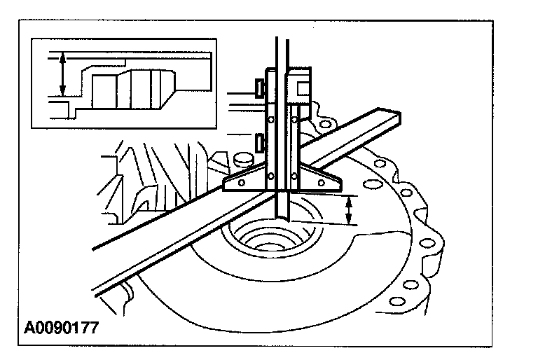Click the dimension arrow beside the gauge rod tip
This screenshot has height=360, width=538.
(350, 209)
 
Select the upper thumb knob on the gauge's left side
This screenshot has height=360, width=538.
(258, 88)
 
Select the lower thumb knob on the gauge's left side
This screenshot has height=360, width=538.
(259, 143)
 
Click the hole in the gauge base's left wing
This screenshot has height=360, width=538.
(241, 182)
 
